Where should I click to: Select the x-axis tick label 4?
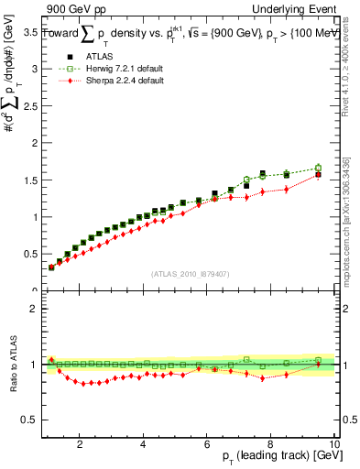click(x=144, y=444)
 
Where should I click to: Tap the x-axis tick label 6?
click(x=207, y=444)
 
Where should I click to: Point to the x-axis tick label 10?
click(x=334, y=444)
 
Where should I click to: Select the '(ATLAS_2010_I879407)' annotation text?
click(x=190, y=272)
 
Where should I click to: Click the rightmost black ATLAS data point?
click(x=318, y=174)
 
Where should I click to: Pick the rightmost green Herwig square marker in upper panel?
click(x=318, y=168)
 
